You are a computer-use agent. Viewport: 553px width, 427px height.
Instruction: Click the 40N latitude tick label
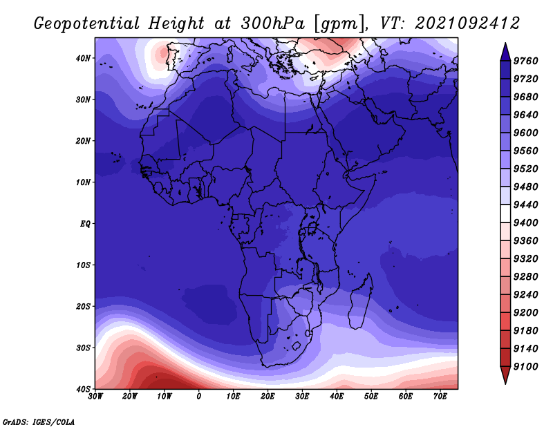[83, 58]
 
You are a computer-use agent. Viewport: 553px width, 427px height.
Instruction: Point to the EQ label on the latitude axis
[85, 224]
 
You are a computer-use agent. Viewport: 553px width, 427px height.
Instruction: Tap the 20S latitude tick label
[83, 306]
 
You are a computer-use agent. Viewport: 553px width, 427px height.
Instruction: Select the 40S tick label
[83, 389]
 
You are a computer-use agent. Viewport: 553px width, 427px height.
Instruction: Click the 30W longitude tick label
[95, 397]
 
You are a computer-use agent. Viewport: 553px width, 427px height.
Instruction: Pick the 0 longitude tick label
[199, 397]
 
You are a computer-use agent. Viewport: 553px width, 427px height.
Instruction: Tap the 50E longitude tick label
[371, 397]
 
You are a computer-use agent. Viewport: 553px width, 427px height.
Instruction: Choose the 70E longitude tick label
[440, 397]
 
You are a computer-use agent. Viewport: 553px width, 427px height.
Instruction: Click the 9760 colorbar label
[526, 61]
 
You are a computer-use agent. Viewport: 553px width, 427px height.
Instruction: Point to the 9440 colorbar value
[526, 205]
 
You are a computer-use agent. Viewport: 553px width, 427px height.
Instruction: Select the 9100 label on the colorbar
[526, 367]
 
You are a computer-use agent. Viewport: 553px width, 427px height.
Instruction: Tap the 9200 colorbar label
[526, 313]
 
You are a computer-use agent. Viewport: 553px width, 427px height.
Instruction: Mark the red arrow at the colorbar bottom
[505, 374]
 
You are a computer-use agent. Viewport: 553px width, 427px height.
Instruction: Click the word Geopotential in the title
[87, 24]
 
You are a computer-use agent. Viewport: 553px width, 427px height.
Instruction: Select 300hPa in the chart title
[272, 23]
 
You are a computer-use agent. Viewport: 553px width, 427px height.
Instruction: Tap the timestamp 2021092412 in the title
[467, 23]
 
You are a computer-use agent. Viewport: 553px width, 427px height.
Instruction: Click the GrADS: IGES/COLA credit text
[39, 421]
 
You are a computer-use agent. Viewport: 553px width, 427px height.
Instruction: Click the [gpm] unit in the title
[339, 24]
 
